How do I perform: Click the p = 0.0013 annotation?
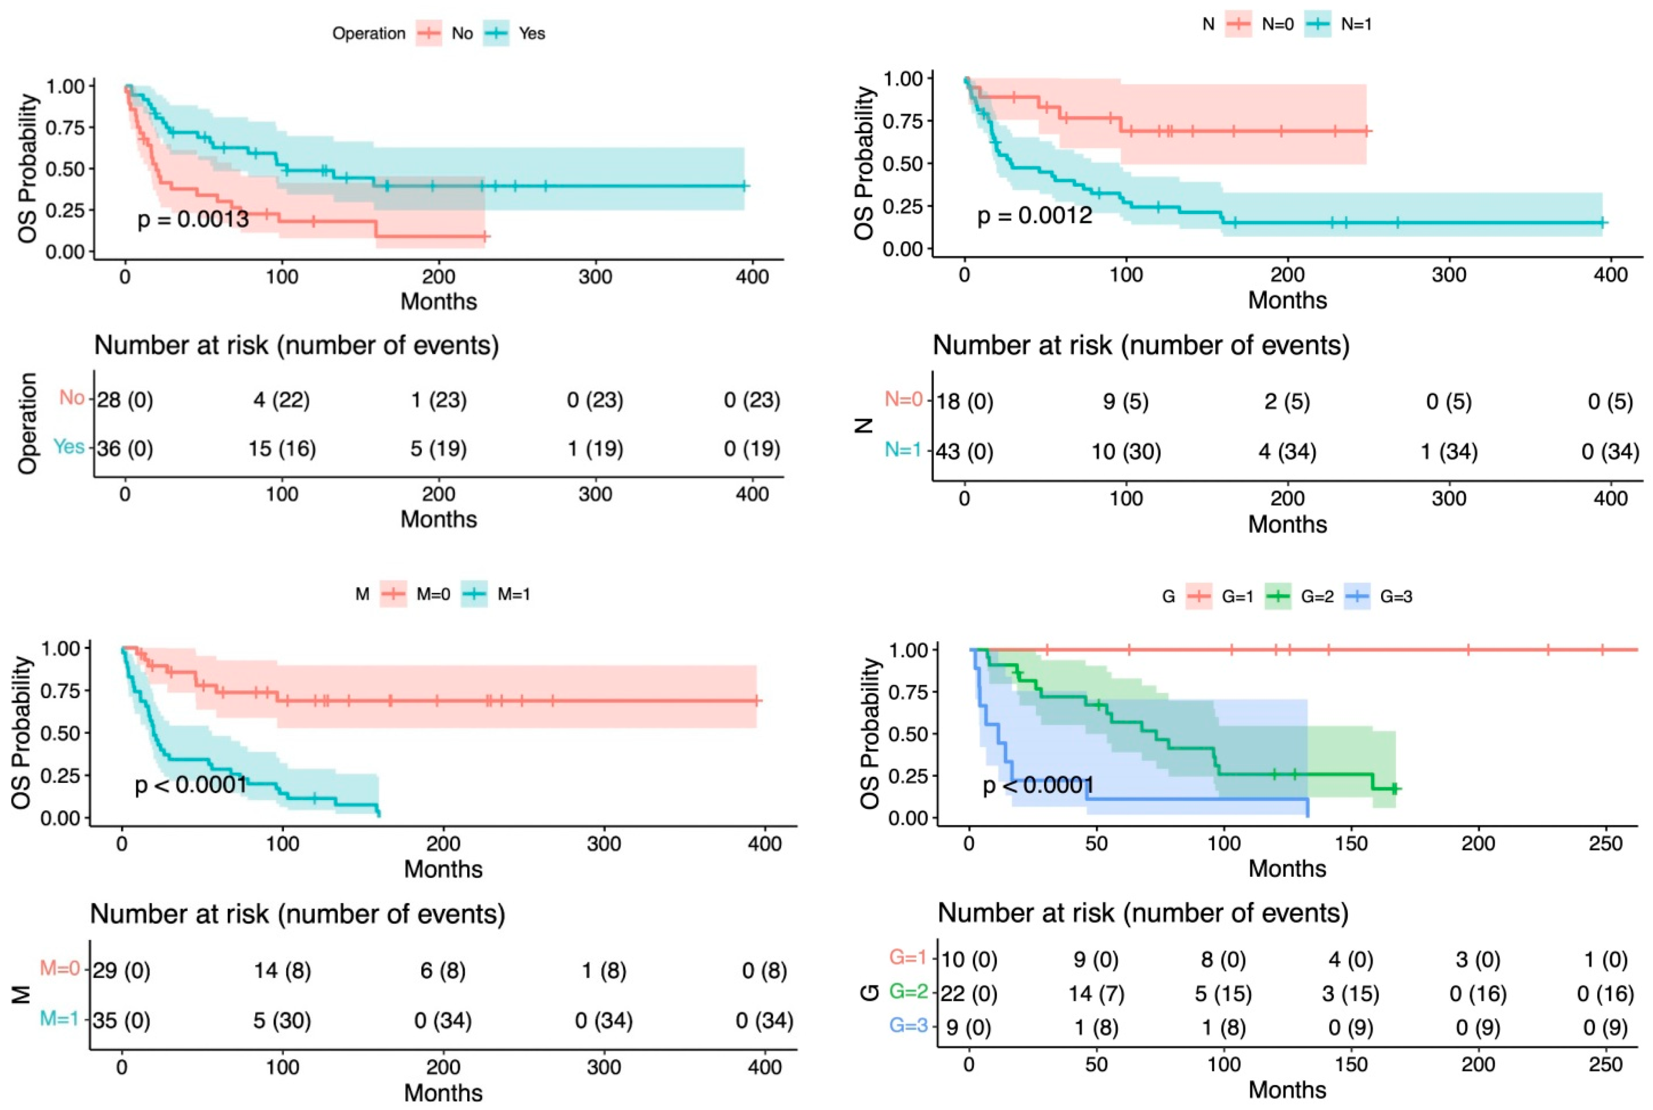point(193,220)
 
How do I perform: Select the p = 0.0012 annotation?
point(1034,215)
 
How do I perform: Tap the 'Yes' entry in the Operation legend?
point(531,33)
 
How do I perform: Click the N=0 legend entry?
point(1277,24)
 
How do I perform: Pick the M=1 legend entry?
point(513,594)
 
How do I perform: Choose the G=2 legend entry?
point(1316,597)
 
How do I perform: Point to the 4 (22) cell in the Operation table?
point(281,401)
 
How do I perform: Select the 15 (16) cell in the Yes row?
point(281,449)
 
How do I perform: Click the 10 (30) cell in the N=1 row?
point(1126,452)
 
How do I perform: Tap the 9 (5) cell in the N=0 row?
point(1126,402)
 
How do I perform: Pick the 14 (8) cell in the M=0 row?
point(282,970)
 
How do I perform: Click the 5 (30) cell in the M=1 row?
point(282,1021)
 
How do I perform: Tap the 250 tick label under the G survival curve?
point(1605,844)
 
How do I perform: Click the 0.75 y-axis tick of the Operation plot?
point(64,128)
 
